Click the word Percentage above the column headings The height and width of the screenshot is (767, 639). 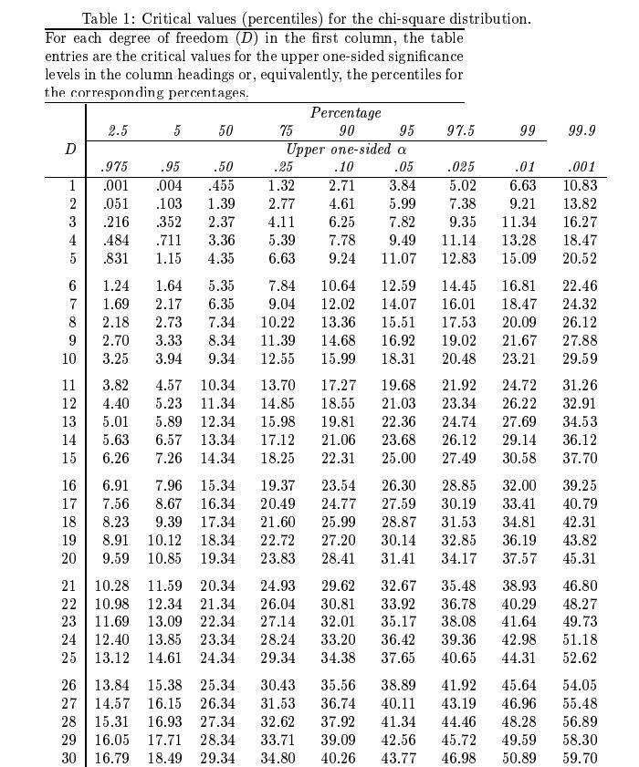click(x=346, y=113)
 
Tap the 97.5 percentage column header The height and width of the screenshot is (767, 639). click(x=460, y=131)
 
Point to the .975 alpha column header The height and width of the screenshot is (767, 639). click(x=114, y=167)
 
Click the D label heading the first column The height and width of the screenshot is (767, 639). click(x=69, y=149)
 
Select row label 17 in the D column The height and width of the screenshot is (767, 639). click(x=69, y=503)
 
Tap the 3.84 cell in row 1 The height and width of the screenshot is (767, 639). click(x=402, y=186)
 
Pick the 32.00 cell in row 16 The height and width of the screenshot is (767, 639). click(x=519, y=486)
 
